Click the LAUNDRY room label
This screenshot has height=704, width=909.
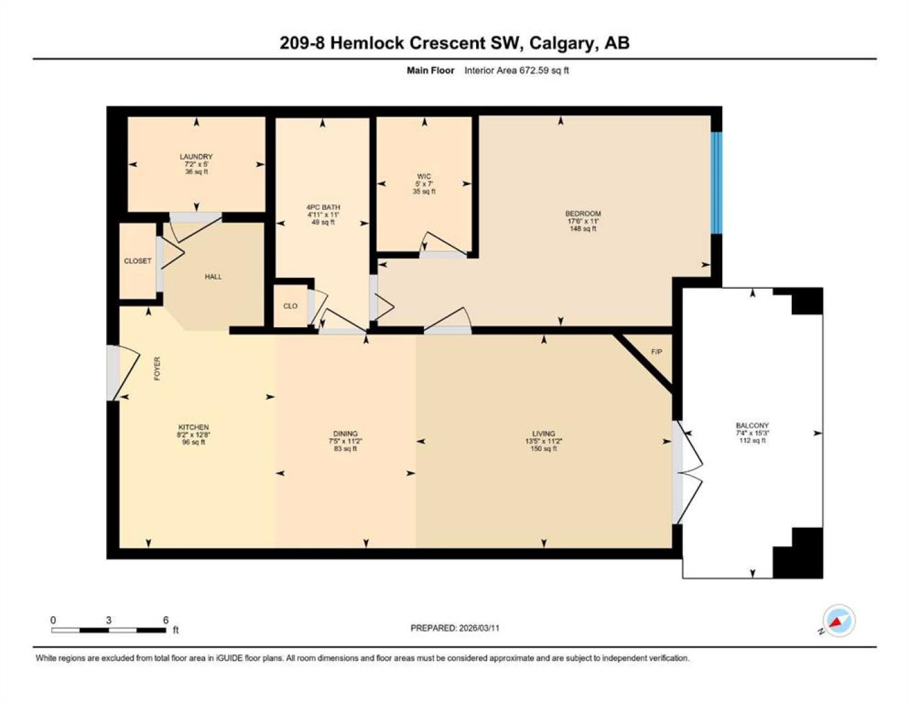[x=196, y=156]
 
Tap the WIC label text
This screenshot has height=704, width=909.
[x=424, y=176]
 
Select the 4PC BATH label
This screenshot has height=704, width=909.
[x=323, y=207]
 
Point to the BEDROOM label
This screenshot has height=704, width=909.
[x=583, y=214]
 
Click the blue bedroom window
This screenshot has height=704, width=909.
[x=716, y=183]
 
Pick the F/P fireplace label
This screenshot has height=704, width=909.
[x=657, y=352]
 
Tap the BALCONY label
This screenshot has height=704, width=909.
[x=753, y=426]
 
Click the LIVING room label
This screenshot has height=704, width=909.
[x=544, y=433]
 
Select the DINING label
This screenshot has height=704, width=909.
[x=345, y=433]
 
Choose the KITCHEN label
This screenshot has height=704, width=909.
[x=193, y=427]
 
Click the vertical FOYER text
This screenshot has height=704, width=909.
[x=158, y=368]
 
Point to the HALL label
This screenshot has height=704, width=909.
[x=213, y=277]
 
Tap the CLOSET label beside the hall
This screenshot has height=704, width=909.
[x=137, y=261]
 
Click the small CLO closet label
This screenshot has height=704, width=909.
[x=290, y=306]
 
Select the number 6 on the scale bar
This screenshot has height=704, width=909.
[x=165, y=621]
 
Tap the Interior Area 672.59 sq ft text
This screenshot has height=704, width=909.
[x=516, y=70]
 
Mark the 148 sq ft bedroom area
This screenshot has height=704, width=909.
[x=583, y=229]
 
